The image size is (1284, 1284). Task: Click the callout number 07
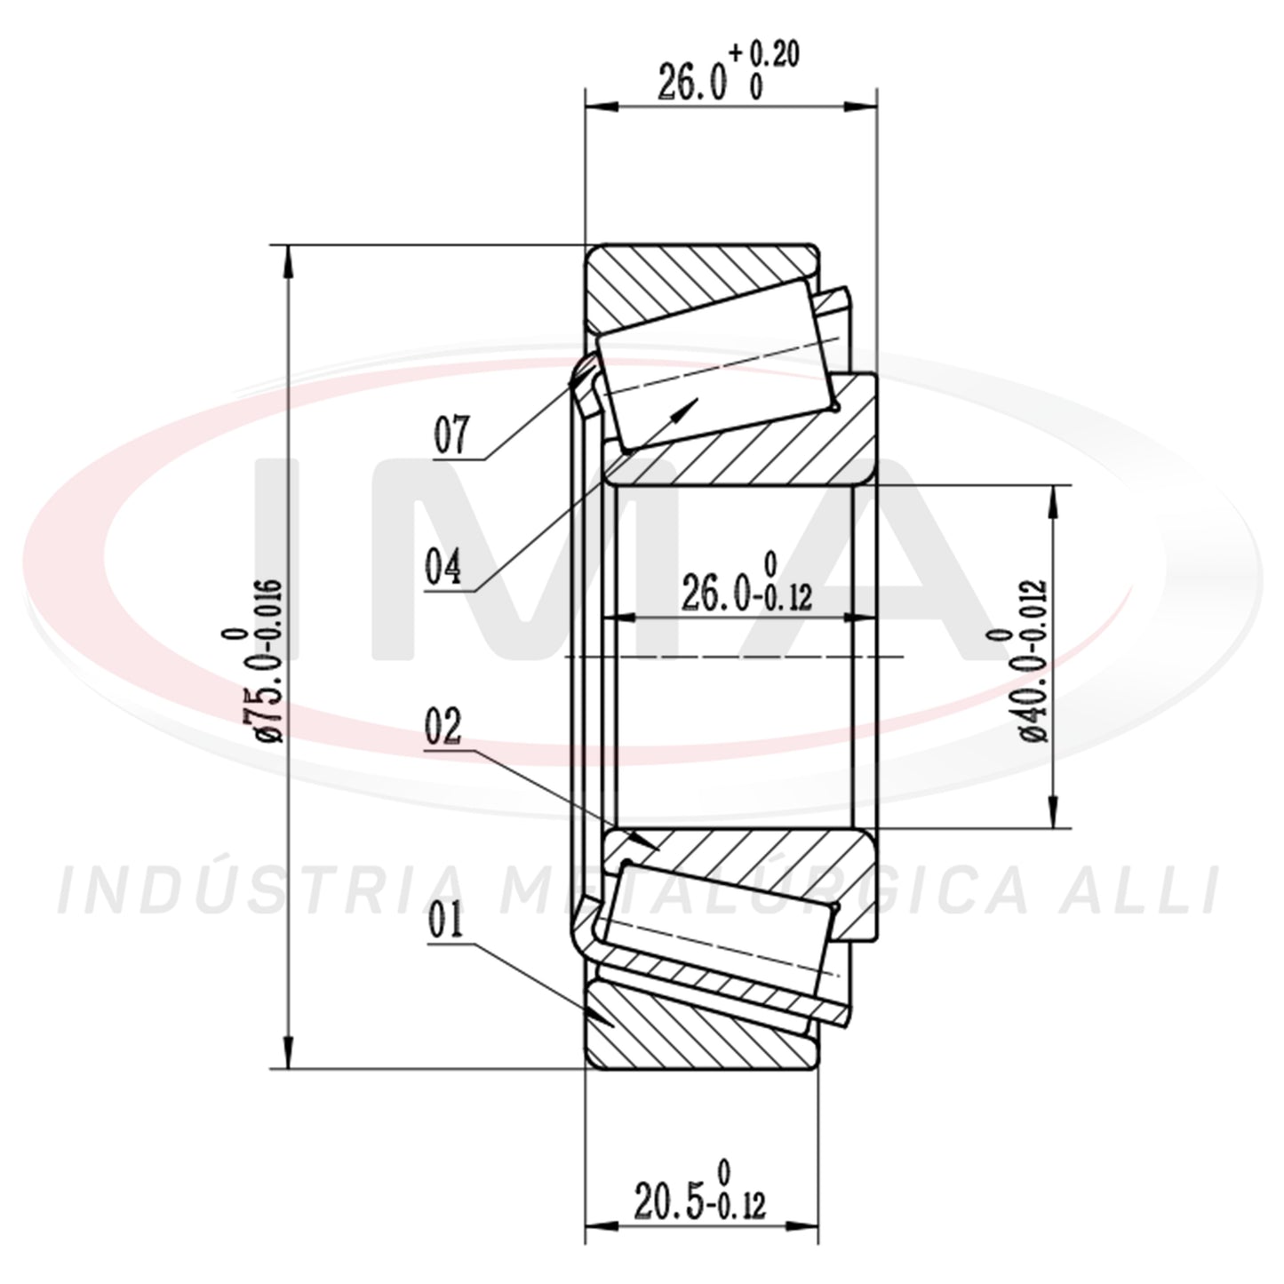coord(451,435)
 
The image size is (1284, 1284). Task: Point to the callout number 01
coord(445,920)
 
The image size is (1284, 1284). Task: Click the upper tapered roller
coord(716,363)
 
